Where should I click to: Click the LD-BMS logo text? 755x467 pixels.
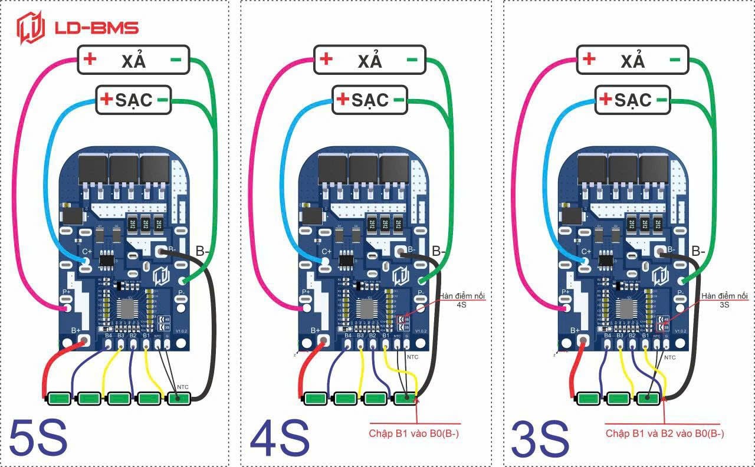[96, 28]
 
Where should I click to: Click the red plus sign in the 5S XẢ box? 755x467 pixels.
[90, 60]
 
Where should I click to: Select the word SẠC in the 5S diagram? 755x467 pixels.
[134, 100]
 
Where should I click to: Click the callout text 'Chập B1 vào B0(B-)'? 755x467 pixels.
[414, 433]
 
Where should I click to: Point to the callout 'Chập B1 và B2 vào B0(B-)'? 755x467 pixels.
[665, 433]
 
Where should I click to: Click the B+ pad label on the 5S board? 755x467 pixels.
[76, 331]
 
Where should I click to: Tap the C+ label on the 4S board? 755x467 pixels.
[327, 251]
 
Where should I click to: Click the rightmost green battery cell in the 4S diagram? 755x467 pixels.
[405, 398]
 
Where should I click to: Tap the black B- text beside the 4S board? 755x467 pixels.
[439, 251]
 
